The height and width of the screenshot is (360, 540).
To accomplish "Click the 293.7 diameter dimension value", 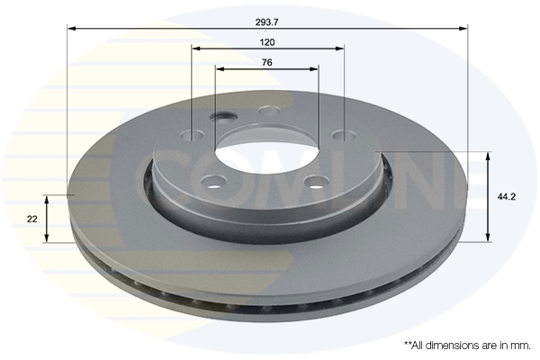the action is coord(267,22).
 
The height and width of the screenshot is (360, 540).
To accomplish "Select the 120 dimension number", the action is coord(267,42).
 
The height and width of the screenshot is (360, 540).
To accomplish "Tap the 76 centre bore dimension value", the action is coord(267,62).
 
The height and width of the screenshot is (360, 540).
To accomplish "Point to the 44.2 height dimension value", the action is coord(506,197).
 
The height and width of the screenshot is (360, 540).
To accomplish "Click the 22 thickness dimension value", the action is coord(32,219).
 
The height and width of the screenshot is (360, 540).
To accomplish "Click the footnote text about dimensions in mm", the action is coord(467,346).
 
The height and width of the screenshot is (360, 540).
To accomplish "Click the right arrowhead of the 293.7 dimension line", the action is coord(463,28).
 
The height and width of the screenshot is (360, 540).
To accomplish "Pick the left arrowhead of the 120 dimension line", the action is coord(196,49).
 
